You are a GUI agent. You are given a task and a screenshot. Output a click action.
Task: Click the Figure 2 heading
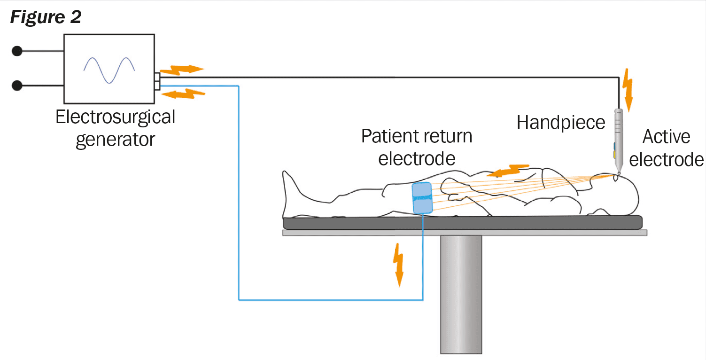pos(46,17)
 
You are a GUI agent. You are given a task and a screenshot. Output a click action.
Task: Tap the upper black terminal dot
pos(17,51)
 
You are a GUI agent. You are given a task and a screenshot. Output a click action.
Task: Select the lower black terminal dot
pos(17,86)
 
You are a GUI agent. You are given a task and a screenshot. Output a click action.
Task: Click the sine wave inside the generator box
pos(109,70)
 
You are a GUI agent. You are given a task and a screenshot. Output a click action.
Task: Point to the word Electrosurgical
pos(115,117)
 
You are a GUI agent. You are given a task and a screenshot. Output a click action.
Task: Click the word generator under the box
pos(115,140)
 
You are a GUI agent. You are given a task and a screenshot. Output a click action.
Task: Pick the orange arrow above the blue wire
pos(183,94)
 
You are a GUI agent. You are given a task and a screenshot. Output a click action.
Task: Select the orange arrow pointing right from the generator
pos(182,70)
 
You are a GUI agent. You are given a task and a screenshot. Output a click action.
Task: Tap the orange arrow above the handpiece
pos(628,88)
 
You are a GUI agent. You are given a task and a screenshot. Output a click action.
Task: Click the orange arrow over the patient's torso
pos(508,170)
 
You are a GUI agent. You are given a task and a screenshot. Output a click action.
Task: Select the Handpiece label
pos(561,123)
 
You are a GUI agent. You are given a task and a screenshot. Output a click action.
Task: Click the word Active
pos(666,137)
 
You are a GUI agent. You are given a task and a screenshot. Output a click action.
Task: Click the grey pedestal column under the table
pos(461,294)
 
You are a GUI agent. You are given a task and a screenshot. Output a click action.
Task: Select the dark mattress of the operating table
pos(462,223)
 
